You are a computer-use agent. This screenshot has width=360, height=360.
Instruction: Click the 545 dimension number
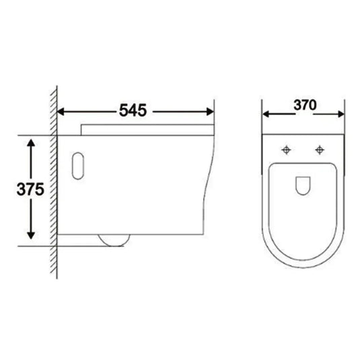click(x=135, y=109)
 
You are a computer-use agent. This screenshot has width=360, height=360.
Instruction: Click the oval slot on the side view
click(x=77, y=166)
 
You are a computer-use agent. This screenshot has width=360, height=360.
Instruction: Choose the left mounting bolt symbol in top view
click(x=287, y=148)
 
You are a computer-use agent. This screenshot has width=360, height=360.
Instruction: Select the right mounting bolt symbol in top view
click(x=320, y=148)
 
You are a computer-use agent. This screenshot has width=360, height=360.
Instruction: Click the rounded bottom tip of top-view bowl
click(x=303, y=273)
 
